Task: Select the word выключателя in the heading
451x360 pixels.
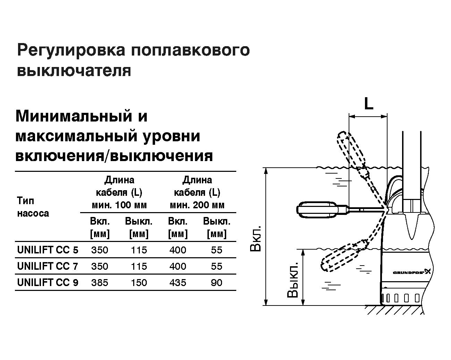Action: pos(74,70)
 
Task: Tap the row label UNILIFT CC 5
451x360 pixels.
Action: pos(48,250)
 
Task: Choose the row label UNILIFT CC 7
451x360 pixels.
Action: pos(48,266)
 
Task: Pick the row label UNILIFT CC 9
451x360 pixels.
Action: pos(48,283)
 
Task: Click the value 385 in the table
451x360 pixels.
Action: pos(100,283)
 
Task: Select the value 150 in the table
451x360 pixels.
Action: pos(139,283)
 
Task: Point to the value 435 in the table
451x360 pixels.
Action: pos(178,283)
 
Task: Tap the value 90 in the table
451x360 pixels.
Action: pos(216,283)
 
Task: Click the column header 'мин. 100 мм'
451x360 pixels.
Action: pos(119,205)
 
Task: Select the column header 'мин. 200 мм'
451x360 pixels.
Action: pos(197,205)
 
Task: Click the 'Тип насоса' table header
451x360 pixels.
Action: pos(33,207)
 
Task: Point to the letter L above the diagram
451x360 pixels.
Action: pos(369,104)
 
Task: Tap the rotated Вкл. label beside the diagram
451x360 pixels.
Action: pos(255,238)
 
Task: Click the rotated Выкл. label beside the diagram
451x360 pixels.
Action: pos(292,280)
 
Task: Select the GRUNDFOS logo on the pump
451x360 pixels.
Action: pos(411,272)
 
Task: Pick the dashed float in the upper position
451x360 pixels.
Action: pos(352,153)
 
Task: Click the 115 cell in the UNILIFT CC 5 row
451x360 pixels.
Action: pos(139,250)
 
